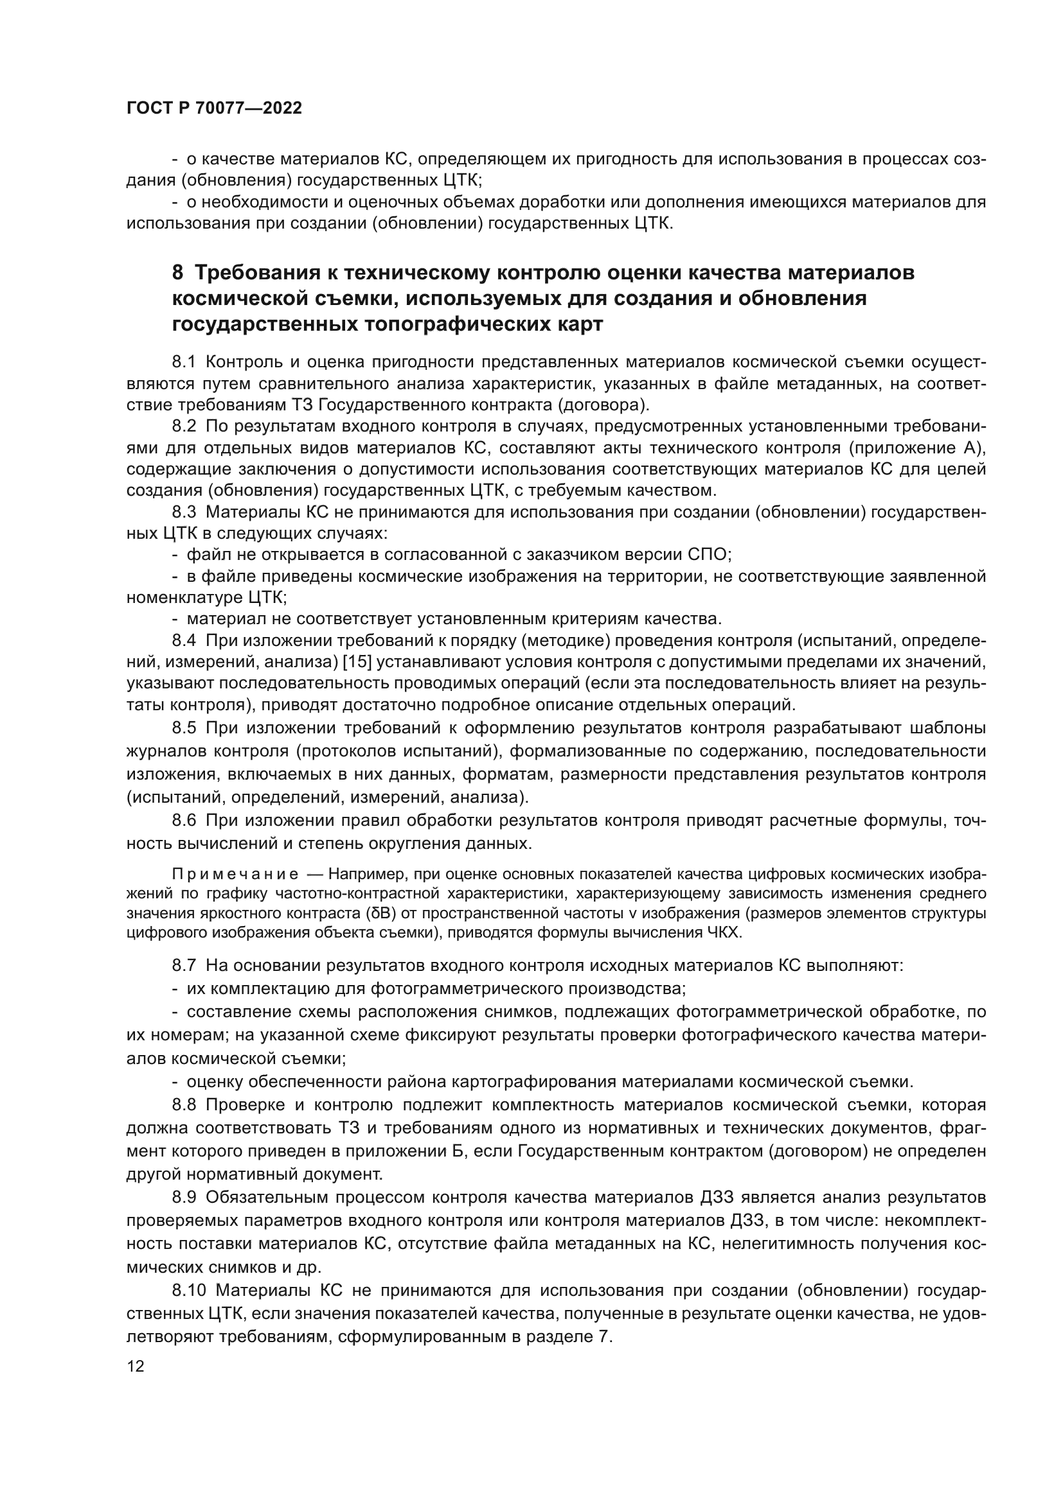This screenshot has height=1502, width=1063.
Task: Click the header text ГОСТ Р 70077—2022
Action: (x=214, y=109)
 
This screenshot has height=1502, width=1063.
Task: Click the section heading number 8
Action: (x=177, y=272)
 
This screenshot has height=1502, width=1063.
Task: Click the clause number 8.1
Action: (x=184, y=362)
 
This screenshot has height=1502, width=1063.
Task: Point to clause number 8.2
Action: (x=184, y=426)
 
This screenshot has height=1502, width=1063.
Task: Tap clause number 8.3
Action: (x=184, y=512)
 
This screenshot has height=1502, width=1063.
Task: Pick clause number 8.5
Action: (x=184, y=728)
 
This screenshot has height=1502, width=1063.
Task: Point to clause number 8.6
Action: (x=184, y=820)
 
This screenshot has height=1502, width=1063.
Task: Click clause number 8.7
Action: (x=184, y=965)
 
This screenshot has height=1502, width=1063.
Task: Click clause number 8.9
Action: (x=184, y=1216)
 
